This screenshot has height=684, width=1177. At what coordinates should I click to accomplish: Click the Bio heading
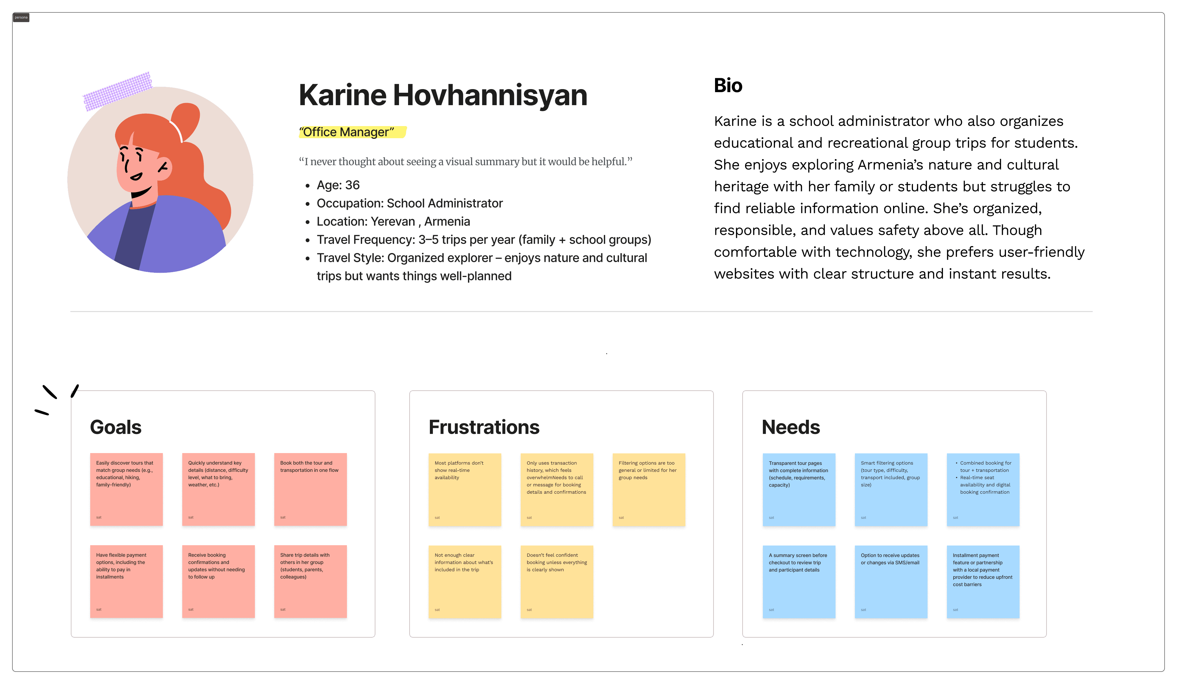click(x=728, y=85)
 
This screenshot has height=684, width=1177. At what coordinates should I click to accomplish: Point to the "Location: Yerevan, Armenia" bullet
click(x=393, y=222)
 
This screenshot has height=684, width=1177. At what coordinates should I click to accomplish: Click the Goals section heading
click(x=115, y=427)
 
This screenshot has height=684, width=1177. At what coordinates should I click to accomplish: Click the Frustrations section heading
click(x=484, y=427)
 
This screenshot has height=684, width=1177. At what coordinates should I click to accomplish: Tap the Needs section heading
click(x=791, y=427)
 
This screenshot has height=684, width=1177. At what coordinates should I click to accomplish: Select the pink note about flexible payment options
click(x=126, y=581)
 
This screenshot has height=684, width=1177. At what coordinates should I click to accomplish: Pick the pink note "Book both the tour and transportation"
click(x=310, y=489)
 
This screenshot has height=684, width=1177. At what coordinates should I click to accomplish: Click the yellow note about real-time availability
click(x=465, y=489)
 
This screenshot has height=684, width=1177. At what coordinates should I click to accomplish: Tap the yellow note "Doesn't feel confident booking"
click(x=557, y=581)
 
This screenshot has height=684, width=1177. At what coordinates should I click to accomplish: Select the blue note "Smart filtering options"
click(x=891, y=489)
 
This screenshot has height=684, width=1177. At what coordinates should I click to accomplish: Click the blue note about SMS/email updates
click(x=891, y=581)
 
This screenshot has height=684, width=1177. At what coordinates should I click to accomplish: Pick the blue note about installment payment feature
click(x=983, y=581)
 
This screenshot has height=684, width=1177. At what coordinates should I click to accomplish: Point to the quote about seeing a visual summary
click(x=466, y=162)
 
